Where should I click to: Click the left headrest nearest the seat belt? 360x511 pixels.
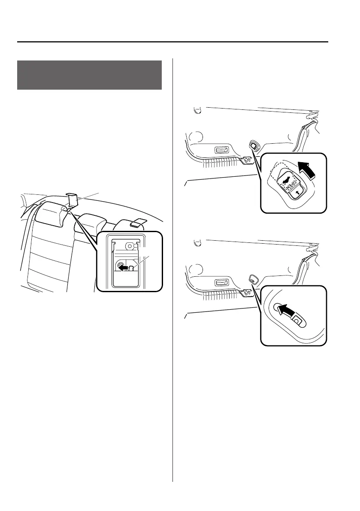51,213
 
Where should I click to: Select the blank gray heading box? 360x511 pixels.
89,75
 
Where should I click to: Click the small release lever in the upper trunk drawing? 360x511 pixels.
254,146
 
